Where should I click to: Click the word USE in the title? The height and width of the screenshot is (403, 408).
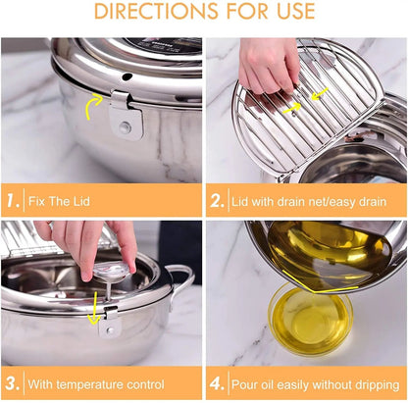(x=289, y=12)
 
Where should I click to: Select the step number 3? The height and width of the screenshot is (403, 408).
(x=13, y=381)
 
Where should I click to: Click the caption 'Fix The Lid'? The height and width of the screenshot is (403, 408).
(x=66, y=201)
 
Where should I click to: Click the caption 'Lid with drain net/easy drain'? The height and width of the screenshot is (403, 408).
(x=310, y=201)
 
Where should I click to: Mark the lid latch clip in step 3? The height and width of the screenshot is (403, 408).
(x=111, y=321)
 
